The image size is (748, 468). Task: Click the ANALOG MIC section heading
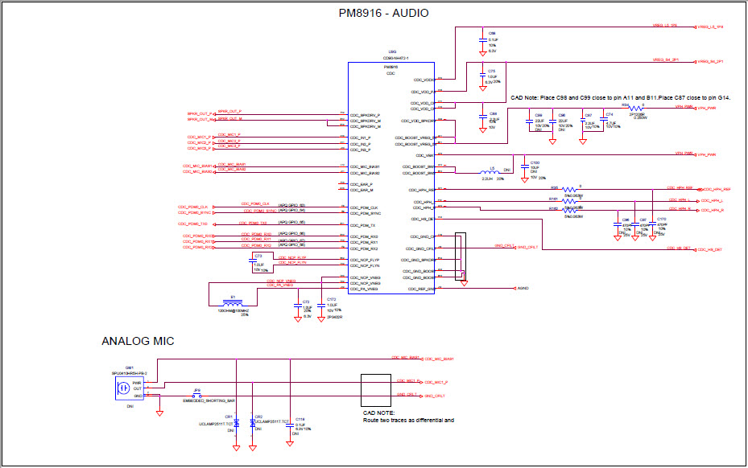pyautogui.click(x=137, y=342)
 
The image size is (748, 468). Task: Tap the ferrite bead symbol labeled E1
pyautogui.click(x=233, y=304)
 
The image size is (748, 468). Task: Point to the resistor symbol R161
pyautogui.click(x=569, y=201)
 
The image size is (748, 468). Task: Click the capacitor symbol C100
pyautogui.click(x=523, y=168)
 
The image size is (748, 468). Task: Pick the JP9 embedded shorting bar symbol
pyautogui.click(x=197, y=396)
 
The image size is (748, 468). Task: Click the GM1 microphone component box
pyautogui.click(x=125, y=389)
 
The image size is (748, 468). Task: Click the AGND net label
pyautogui.click(x=523, y=288)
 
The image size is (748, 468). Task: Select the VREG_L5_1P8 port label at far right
pyautogui.click(x=710, y=27)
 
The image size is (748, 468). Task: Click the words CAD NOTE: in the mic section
pyautogui.click(x=378, y=413)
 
